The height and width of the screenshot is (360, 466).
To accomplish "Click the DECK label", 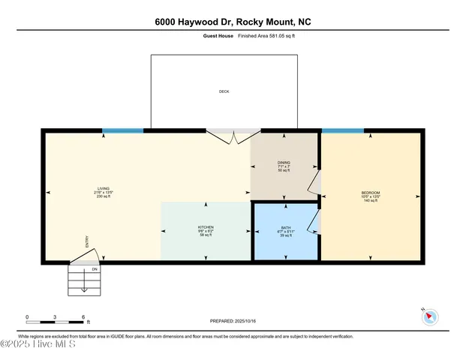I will click(x=224, y=91).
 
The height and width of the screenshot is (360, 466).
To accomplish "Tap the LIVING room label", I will click(x=104, y=188).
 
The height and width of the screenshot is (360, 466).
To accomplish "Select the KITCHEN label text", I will click(x=206, y=226).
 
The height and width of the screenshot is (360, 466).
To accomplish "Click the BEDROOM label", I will click(x=371, y=193).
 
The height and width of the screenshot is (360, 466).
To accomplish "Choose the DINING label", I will click(x=284, y=162).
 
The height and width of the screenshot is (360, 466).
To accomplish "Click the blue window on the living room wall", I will click(x=122, y=130).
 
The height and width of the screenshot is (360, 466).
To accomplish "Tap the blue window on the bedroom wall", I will click(x=343, y=130).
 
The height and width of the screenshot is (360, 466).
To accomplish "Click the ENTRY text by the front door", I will click(x=87, y=241).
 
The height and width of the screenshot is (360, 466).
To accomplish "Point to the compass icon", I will click(x=431, y=316).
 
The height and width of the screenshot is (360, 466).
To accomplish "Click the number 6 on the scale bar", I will click(x=83, y=316).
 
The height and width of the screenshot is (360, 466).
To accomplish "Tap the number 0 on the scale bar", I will click(x=27, y=316).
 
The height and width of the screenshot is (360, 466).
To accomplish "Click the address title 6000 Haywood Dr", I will click(x=233, y=22).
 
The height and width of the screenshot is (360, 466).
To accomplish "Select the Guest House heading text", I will click(x=217, y=35).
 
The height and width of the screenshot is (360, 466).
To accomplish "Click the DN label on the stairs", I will click(x=95, y=268).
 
